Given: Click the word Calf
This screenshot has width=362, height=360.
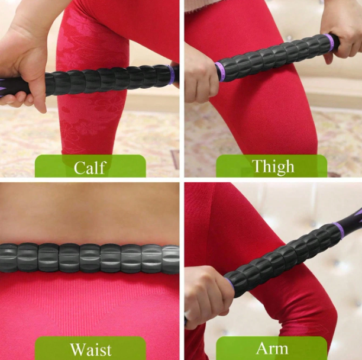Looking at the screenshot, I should pos(90,168).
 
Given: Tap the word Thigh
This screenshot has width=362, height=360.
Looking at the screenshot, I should pos(273,166).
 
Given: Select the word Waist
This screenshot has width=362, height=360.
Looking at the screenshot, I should pos(90,349).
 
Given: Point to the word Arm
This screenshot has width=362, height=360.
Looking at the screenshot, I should pos(272,348).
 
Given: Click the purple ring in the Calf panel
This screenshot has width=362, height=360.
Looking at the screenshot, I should pos(171,75).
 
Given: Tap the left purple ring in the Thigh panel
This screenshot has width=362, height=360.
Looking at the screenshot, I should pos(220,71).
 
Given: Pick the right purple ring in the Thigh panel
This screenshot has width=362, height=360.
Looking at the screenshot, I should pos(329,42).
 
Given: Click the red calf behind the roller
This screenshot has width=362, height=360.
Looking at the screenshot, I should pos(95,118).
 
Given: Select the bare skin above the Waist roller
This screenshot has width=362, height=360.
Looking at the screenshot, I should pos(89,213).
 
